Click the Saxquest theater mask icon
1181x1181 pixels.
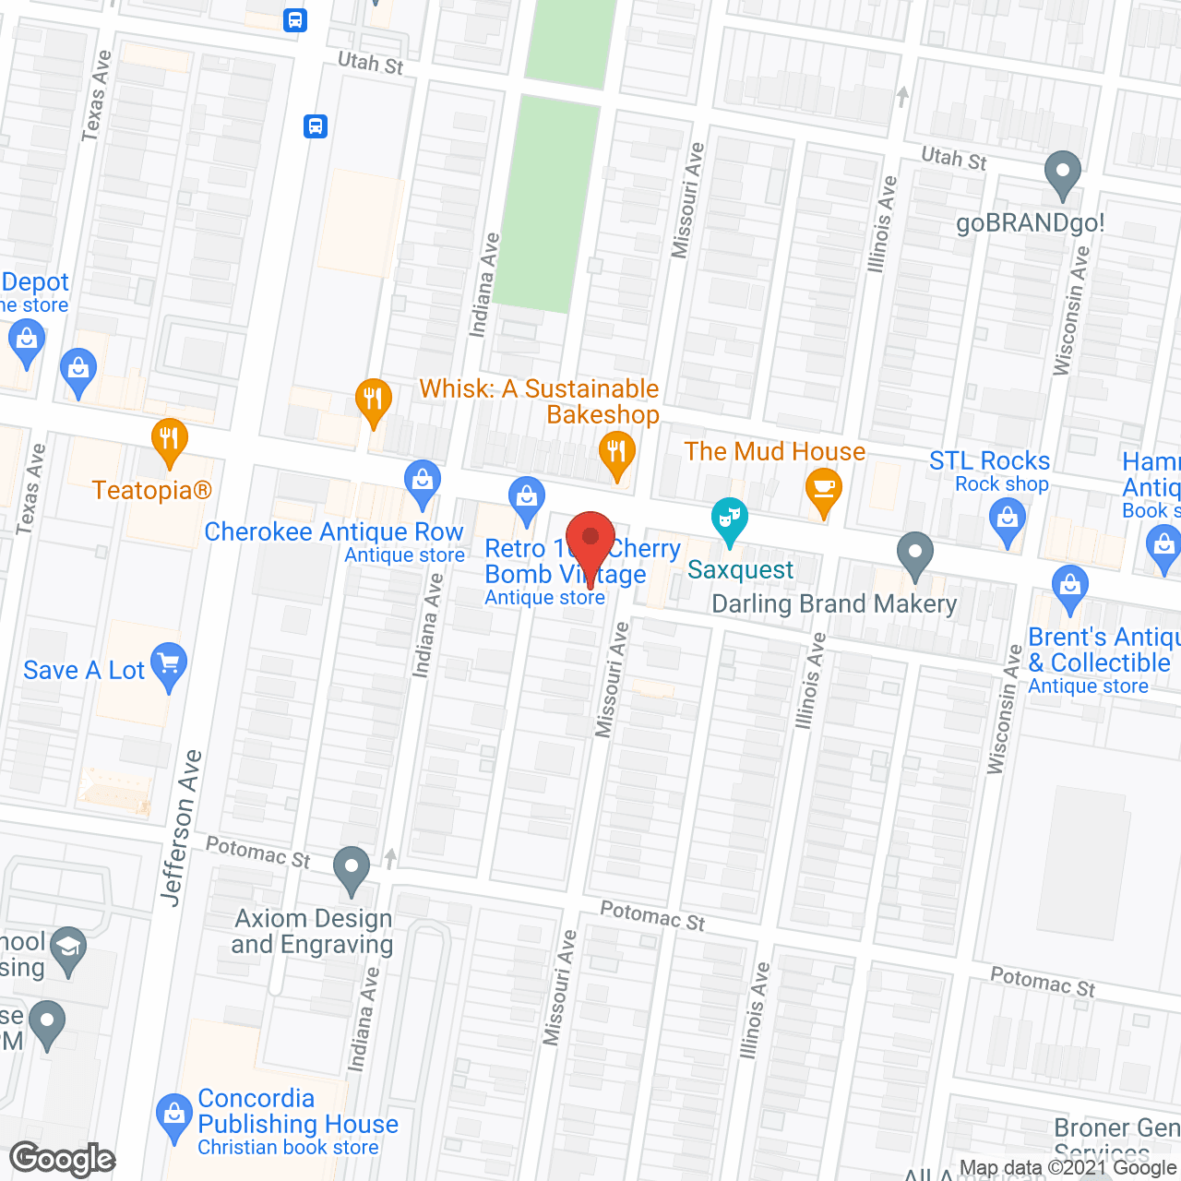coord(729,519)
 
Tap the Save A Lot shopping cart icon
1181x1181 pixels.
coord(169,663)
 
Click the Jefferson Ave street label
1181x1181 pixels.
coord(181,828)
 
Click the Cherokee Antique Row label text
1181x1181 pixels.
coord(333,532)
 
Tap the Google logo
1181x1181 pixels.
coord(63,1159)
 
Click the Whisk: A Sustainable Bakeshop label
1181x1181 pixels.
coord(540,401)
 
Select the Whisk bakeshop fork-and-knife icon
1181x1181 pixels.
coord(615,453)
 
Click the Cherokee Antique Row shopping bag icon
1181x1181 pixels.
coord(423,481)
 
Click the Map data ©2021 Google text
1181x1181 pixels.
coord(1068,1168)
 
